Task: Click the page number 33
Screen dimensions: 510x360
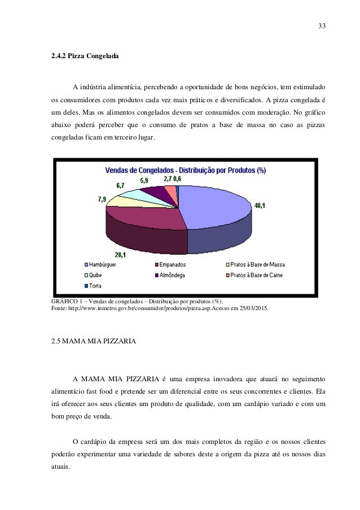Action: coord(322,26)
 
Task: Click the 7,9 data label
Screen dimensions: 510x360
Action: coord(103,199)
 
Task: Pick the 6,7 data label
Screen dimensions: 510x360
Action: coord(121,185)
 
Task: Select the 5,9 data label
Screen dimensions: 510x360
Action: coord(145,181)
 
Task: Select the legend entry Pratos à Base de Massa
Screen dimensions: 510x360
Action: coord(255,264)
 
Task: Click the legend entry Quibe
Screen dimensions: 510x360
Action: coord(95,275)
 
